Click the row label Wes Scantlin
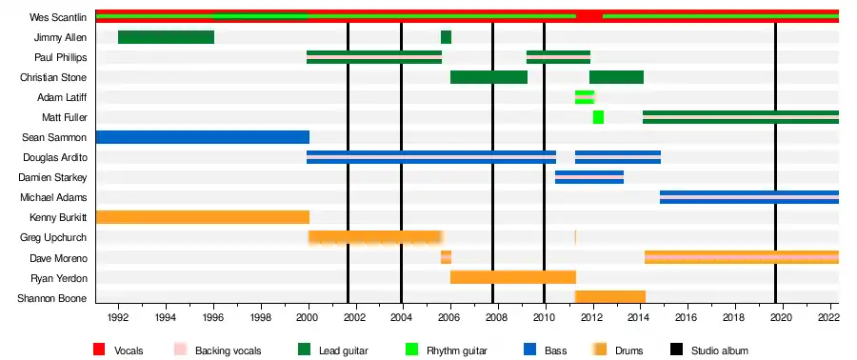[58, 17]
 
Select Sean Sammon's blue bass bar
[203, 137]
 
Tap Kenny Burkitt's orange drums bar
[203, 217]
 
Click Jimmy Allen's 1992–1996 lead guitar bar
[166, 37]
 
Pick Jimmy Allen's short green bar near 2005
[446, 37]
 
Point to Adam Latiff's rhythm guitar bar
[585, 97]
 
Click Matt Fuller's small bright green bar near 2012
[598, 117]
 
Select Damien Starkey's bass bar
[589, 177]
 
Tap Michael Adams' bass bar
[749, 197]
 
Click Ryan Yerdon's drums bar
[513, 277]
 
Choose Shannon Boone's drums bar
[610, 296]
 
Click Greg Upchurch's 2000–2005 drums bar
[375, 237]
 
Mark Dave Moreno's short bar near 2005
[446, 257]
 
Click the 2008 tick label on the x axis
[496, 317]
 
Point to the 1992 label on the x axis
[118, 317]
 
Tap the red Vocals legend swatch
[98, 350]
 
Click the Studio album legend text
[719, 350]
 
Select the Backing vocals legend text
[229, 350]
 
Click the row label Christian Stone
[53, 77]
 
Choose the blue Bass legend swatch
[528, 350]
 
